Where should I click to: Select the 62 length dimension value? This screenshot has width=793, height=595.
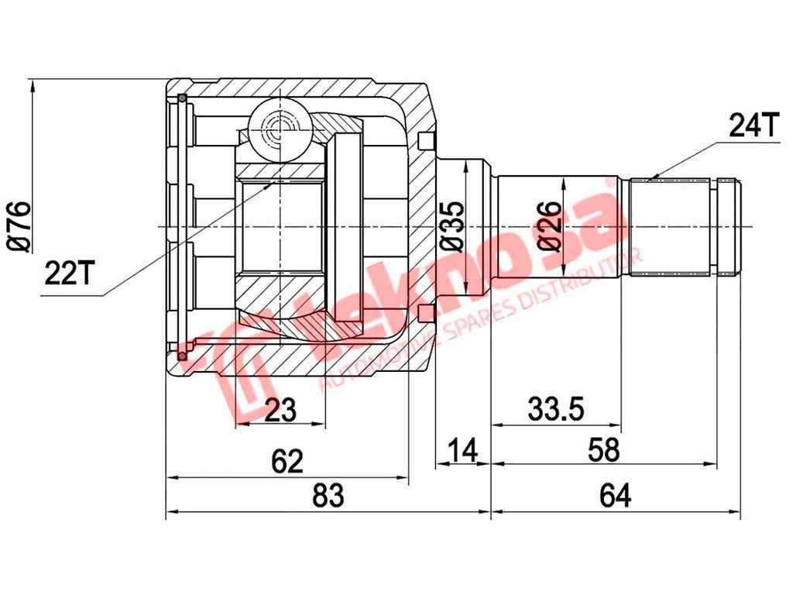tap(287, 462)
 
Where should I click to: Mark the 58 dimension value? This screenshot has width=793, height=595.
tap(603, 449)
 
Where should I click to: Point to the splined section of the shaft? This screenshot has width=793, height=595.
tap(670, 225)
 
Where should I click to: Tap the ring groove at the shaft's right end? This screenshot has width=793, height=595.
tap(725, 225)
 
